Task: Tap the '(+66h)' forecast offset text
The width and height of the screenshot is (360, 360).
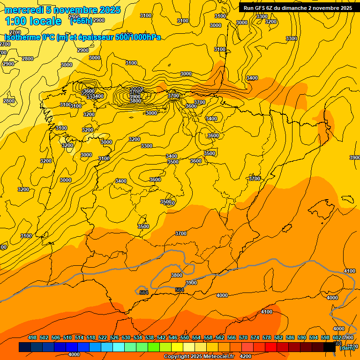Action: tap(81, 21)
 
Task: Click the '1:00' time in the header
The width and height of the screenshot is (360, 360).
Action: tap(15, 21)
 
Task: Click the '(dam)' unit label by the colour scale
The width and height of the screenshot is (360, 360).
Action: tap(347, 347)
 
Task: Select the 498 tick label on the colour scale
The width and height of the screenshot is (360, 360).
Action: tap(32, 338)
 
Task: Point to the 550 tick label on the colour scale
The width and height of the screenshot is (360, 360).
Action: tap(185, 338)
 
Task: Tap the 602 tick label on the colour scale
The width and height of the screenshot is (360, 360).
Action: tap(337, 338)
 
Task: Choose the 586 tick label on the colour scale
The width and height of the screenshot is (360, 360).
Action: tap(290, 338)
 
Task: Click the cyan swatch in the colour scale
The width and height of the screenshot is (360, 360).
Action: tap(119, 347)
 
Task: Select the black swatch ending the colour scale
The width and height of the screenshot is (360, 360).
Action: tap(330, 347)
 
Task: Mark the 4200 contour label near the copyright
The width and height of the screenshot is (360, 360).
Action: tap(246, 356)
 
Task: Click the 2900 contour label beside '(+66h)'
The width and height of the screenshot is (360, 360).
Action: tap(99, 21)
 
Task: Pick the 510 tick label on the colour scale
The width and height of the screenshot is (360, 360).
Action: tap(67, 338)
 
